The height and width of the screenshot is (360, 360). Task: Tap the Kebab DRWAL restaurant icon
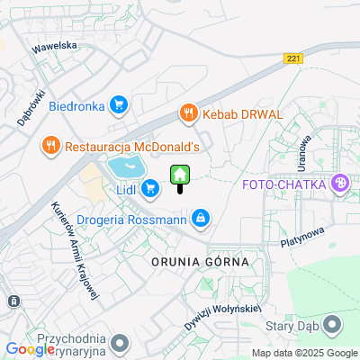187,113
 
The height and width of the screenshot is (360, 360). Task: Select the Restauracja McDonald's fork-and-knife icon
49,145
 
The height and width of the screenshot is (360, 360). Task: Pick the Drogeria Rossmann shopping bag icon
201,218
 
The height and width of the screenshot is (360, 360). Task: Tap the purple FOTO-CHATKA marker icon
340,185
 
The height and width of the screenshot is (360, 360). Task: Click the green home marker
180,174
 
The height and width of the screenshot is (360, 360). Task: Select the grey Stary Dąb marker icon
332,323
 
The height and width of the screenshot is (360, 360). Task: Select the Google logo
30,349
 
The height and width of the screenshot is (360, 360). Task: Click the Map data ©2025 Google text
304,353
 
